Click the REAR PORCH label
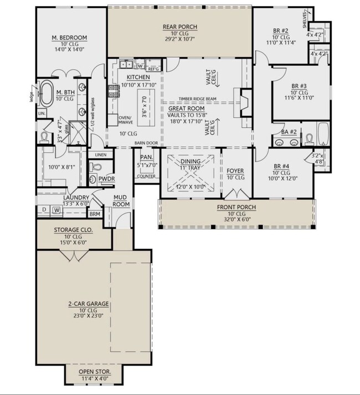[x=179, y=27]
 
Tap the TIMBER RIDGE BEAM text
[x=197, y=99]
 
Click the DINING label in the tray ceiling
[x=191, y=162]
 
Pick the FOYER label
[x=235, y=171]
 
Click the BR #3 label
[x=302, y=86]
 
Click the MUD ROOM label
[x=121, y=200]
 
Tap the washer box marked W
[x=56, y=210]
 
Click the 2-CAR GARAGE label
[x=88, y=304]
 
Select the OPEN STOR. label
[x=94, y=371]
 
